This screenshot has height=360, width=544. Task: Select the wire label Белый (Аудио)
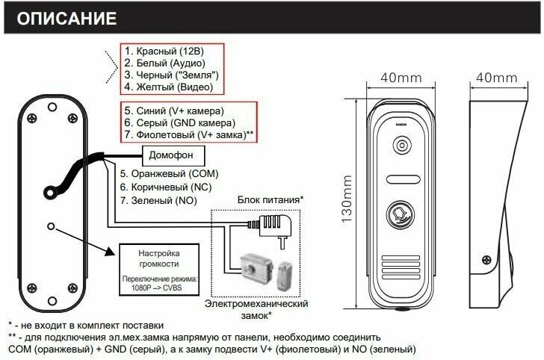point(165,63)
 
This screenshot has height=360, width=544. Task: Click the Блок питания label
point(270,200)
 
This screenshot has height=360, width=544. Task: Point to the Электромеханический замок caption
point(257,310)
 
